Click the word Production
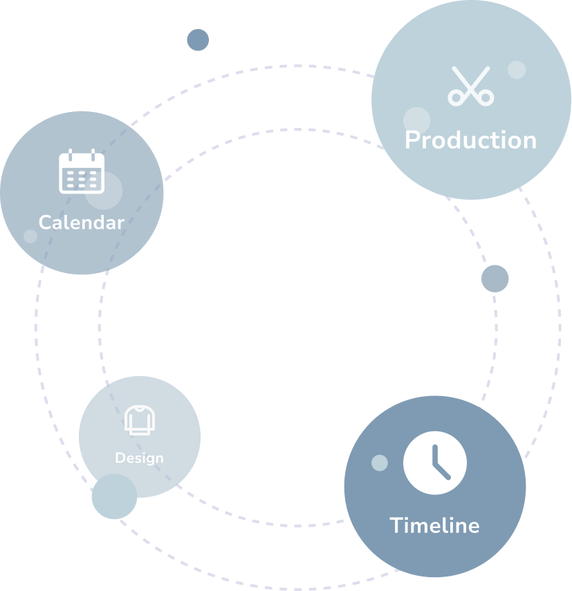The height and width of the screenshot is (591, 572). tap(470, 140)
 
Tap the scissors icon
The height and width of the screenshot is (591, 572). tap(470, 86)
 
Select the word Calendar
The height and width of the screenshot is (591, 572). tap(81, 223)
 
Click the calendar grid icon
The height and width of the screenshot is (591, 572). tap(81, 171)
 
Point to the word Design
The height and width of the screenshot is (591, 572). tap(139, 458)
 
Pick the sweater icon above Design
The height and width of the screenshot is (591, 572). tap(140, 420)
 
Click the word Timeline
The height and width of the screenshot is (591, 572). tap(434, 525)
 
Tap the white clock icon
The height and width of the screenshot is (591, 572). tap(435, 463)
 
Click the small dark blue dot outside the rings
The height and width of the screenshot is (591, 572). tap(198, 40)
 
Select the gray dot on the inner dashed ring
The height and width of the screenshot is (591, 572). tap(495, 279)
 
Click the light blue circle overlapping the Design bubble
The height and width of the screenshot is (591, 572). tap(114, 496)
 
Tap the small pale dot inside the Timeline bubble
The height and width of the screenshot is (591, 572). tap(380, 463)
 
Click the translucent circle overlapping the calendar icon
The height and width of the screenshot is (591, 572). tap(104, 191)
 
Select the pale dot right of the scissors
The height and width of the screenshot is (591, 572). tap(517, 70)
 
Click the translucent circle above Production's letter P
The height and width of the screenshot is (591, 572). tap(417, 120)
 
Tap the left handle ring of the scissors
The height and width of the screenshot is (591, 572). tap(456, 97)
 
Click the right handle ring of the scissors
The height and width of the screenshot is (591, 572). tap(486, 97)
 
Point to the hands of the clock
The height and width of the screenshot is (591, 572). tap(438, 465)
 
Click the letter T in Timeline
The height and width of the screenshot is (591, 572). tap(396, 525)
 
